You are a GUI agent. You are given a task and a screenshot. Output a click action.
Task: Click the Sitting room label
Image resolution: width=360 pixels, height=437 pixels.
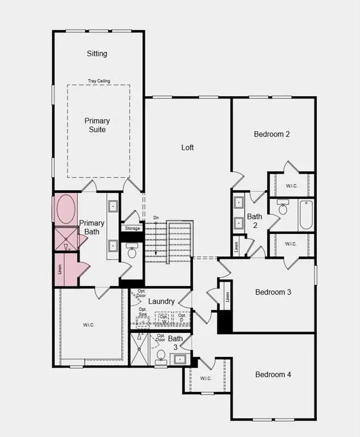coord(97,53)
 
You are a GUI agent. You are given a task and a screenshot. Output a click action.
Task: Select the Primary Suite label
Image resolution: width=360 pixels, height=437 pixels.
coord(97,125)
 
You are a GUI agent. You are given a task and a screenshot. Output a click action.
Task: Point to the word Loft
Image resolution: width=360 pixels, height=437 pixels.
coord(188,147)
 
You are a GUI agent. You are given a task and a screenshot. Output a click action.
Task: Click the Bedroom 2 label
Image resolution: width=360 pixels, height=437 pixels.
coord(272,134)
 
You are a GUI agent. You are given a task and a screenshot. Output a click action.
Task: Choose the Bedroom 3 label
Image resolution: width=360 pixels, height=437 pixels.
coord(273,292)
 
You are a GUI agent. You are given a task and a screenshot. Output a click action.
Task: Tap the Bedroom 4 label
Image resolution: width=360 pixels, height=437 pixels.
coord(273,374)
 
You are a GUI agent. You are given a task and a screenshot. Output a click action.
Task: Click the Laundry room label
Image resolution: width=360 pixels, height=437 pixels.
coord(161,301)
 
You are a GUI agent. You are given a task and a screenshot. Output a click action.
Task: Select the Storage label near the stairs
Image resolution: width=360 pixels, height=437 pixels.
coord(132,229)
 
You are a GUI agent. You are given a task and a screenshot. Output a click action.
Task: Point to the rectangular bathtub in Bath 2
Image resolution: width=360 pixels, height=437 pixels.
coord(306,215)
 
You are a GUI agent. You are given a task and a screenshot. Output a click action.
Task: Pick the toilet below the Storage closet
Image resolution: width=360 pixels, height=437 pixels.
coord(132,251)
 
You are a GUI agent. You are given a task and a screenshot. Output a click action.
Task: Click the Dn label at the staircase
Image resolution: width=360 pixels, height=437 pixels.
coord(156,218)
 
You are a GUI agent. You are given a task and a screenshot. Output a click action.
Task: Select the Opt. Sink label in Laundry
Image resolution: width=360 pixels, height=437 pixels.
coord(143,311)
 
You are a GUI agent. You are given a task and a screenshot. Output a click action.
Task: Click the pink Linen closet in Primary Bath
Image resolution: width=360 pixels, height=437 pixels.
coord(61,270)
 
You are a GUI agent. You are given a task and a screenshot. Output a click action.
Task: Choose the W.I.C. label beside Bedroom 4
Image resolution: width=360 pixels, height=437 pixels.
coord(205,377)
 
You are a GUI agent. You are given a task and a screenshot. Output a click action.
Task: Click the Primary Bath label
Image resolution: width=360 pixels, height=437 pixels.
coord(92,228)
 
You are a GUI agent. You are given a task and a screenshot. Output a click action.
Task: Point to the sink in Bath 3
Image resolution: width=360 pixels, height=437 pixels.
coord(180,359)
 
